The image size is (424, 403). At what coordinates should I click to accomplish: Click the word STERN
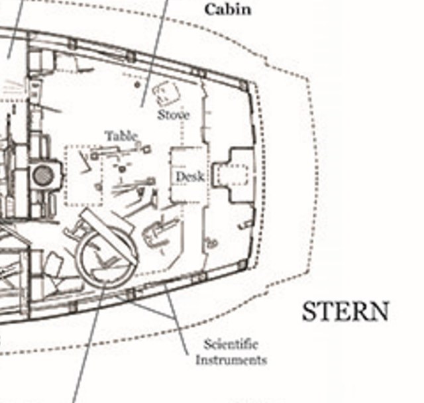pyautogui.click(x=345, y=312)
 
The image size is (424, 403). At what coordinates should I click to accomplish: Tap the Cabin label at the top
pyautogui.click(x=227, y=10)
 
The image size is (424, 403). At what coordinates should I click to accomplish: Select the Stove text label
pyautogui.click(x=174, y=115)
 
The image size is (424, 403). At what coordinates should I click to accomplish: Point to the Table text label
pyautogui.click(x=121, y=137)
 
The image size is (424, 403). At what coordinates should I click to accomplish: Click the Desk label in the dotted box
pyautogui.click(x=189, y=177)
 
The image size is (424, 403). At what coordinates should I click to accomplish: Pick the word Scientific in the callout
pyautogui.click(x=231, y=345)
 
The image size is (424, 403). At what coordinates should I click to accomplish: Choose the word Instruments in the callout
pyautogui.click(x=231, y=360)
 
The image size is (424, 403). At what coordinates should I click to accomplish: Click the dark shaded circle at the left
pyautogui.click(x=43, y=176)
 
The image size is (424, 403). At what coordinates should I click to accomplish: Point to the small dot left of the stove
pyautogui.click(x=136, y=85)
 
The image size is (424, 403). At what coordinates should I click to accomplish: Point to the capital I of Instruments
pyautogui.click(x=198, y=360)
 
